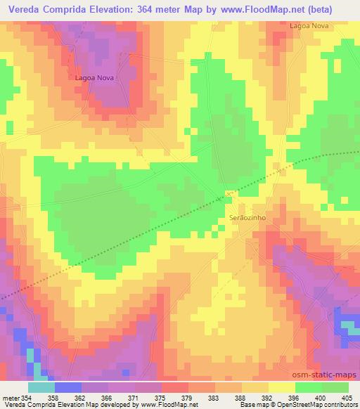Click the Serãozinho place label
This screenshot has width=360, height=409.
[246, 219]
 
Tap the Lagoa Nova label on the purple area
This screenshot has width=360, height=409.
[94, 78]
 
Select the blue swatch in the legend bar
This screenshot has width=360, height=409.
[67, 387]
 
